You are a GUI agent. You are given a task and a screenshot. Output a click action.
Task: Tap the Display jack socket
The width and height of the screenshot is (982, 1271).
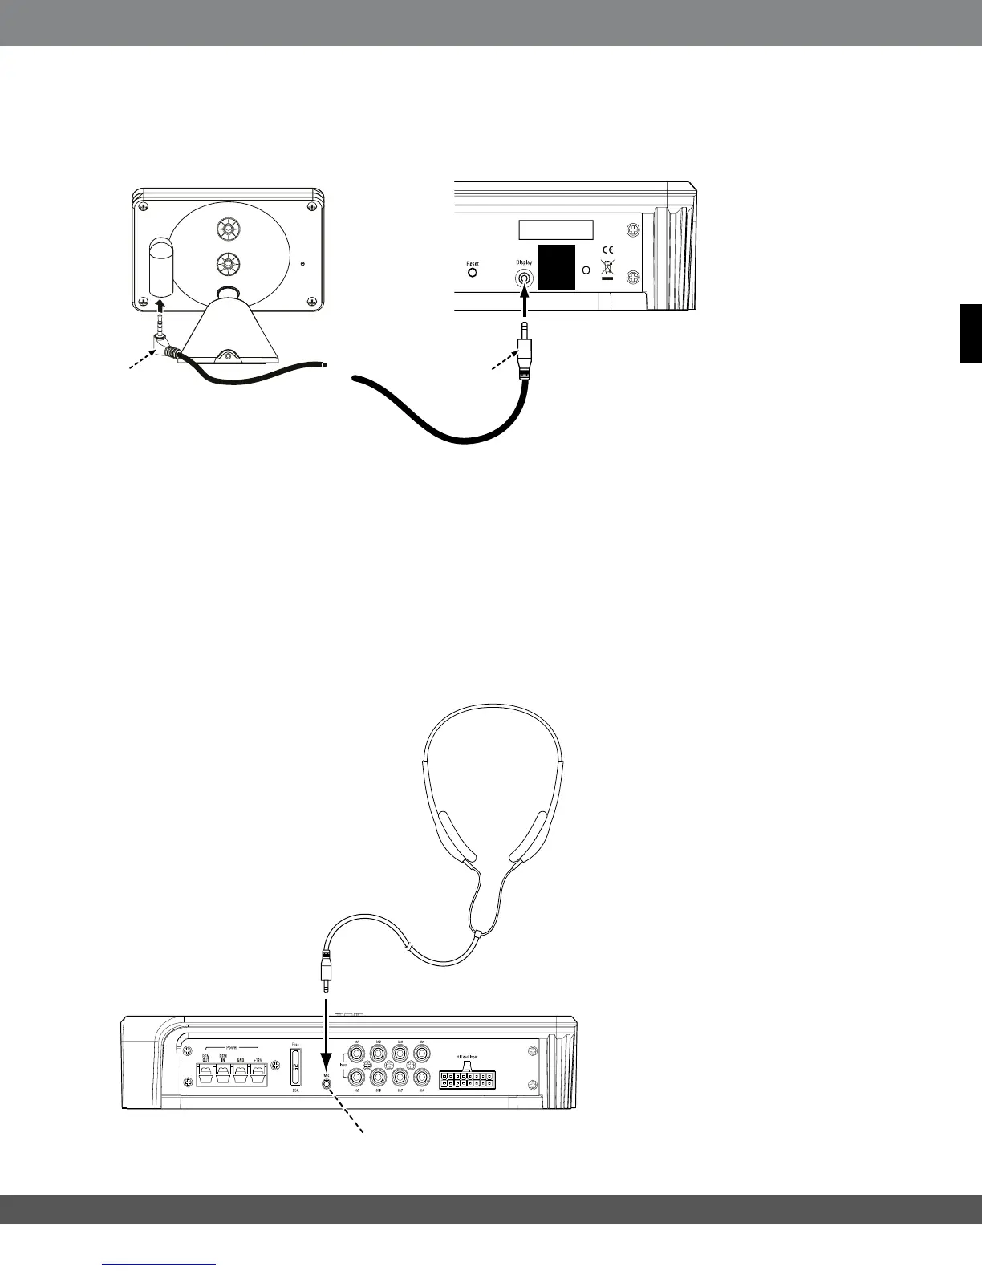[x=524, y=278]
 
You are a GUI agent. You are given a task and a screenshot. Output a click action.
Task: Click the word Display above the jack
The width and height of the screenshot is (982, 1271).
[x=523, y=262]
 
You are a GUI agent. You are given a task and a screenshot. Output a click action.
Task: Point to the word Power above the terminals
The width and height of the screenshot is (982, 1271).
[x=233, y=1047]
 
